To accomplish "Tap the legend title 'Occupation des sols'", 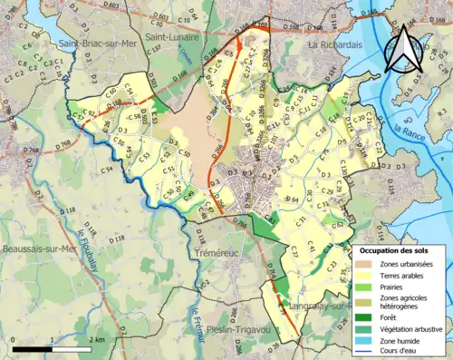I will click(x=400, y=248).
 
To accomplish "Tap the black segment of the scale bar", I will click(x=33, y=348).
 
